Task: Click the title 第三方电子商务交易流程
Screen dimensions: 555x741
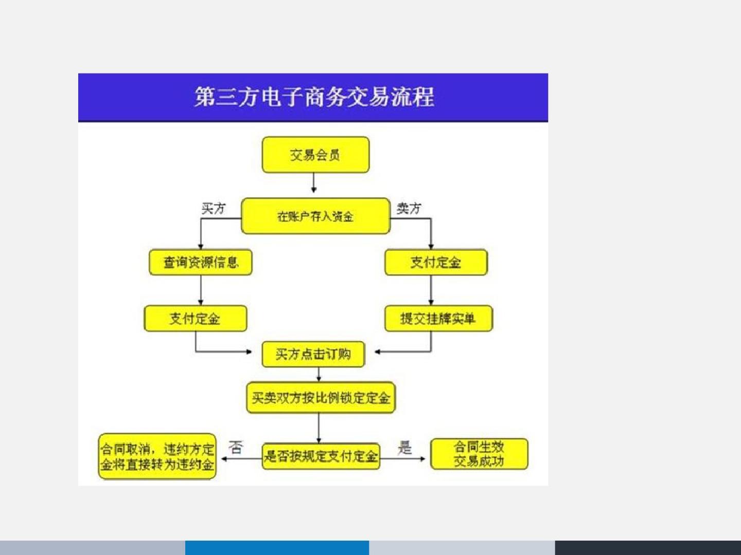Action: pos(314,97)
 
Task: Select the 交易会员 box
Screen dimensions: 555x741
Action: pos(315,155)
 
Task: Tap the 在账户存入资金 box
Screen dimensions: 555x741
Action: pos(315,216)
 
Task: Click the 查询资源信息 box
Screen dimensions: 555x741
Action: pos(201,263)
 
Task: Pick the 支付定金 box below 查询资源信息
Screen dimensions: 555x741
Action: pos(195,319)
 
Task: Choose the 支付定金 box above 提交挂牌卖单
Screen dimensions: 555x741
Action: pos(435,263)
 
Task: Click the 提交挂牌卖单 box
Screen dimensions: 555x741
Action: pos(438,319)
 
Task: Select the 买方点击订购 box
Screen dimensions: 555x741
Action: pos(313,354)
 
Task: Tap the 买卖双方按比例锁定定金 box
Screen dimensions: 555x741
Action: pos(321,397)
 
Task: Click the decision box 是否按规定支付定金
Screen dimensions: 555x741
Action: pos(321,456)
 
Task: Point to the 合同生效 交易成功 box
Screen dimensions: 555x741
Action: pos(479,454)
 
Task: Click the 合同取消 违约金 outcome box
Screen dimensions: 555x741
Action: pos(157,456)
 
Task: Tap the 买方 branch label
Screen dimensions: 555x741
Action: pos(214,208)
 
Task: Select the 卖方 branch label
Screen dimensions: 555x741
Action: pos(409,208)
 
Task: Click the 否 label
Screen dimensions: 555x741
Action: pos(236,448)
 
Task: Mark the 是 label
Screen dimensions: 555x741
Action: pos(405,448)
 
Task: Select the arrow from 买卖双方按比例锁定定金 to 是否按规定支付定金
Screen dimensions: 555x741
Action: pos(319,428)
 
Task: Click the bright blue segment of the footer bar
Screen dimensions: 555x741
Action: pos(277,547)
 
